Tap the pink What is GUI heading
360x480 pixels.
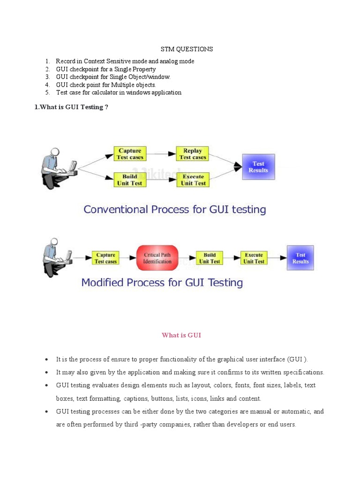tap(181, 335)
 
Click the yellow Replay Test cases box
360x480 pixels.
tap(193, 154)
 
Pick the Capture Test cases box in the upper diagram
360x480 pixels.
tap(130, 154)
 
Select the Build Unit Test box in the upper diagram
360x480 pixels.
tap(130, 180)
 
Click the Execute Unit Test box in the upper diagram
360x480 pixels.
tap(193, 180)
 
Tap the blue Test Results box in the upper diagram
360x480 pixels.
tap(258, 167)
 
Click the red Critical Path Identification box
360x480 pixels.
tap(157, 258)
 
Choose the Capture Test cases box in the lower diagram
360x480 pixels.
tap(105, 258)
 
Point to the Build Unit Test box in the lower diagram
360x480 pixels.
tap(210, 258)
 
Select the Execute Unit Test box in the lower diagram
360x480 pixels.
tap(254, 258)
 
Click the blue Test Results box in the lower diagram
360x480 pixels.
tap(300, 258)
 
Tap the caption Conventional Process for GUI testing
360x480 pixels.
tap(174, 210)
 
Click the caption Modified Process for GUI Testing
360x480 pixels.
tap(162, 283)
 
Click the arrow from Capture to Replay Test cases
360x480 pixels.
tap(161, 153)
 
